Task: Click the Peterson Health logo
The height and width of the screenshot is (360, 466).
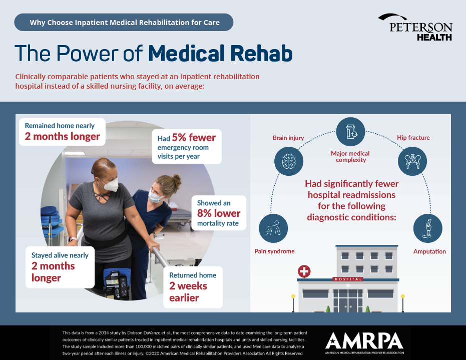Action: pyautogui.click(x=415, y=28)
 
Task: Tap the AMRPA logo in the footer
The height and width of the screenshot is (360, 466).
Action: pyautogui.click(x=364, y=343)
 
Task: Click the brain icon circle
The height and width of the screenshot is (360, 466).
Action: pyautogui.click(x=289, y=161)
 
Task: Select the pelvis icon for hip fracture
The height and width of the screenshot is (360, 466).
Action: pyautogui.click(x=412, y=161)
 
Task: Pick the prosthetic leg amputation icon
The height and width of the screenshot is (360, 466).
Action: pyautogui.click(x=427, y=228)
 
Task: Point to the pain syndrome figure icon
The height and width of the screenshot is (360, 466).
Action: pyautogui.click(x=273, y=228)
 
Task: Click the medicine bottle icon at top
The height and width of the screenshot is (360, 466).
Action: pyautogui.click(x=351, y=132)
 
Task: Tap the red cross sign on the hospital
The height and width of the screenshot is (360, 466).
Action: pyautogui.click(x=304, y=271)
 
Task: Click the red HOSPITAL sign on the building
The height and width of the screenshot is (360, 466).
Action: pyautogui.click(x=348, y=279)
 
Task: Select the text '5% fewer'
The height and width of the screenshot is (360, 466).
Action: pyautogui.click(x=194, y=137)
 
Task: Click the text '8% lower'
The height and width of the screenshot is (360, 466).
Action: pyautogui.click(x=219, y=213)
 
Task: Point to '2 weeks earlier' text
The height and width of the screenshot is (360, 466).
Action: pyautogui.click(x=188, y=291)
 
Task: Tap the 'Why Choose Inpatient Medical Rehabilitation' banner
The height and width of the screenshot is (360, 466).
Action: pyautogui.click(x=124, y=23)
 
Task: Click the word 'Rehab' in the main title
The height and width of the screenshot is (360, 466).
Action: pyautogui.click(x=261, y=53)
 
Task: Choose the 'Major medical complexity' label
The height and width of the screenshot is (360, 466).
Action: pyautogui.click(x=350, y=157)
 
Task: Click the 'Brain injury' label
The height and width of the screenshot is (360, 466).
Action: pyautogui.click(x=288, y=138)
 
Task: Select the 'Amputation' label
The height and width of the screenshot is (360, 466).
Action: pyautogui.click(x=429, y=251)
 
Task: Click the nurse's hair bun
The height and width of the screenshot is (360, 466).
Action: pyautogui.click(x=177, y=180)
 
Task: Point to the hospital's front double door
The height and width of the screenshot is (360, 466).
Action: pyautogui.click(x=348, y=304)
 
